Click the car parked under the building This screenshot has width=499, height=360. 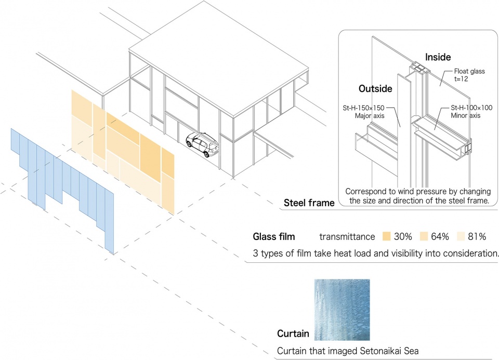click(x=202, y=145)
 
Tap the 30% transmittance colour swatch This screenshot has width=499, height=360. click(x=386, y=236)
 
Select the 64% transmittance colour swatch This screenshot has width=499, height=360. click(x=424, y=236)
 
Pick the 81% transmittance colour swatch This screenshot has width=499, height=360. click(x=461, y=236)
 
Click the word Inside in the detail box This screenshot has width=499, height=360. click(x=438, y=57)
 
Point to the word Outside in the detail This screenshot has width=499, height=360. click(x=375, y=89)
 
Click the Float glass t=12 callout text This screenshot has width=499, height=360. click(x=469, y=75)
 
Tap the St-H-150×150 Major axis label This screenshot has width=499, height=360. click(x=364, y=112)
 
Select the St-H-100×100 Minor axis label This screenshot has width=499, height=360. click(x=471, y=112)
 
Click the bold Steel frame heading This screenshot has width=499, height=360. click(x=309, y=203)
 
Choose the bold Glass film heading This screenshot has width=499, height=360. click(x=274, y=236)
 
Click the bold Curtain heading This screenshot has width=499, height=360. click(x=293, y=334)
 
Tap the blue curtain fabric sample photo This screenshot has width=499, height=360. click(x=342, y=310)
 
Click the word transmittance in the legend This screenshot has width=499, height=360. click(x=347, y=236)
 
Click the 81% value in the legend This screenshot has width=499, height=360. click(x=477, y=236)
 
